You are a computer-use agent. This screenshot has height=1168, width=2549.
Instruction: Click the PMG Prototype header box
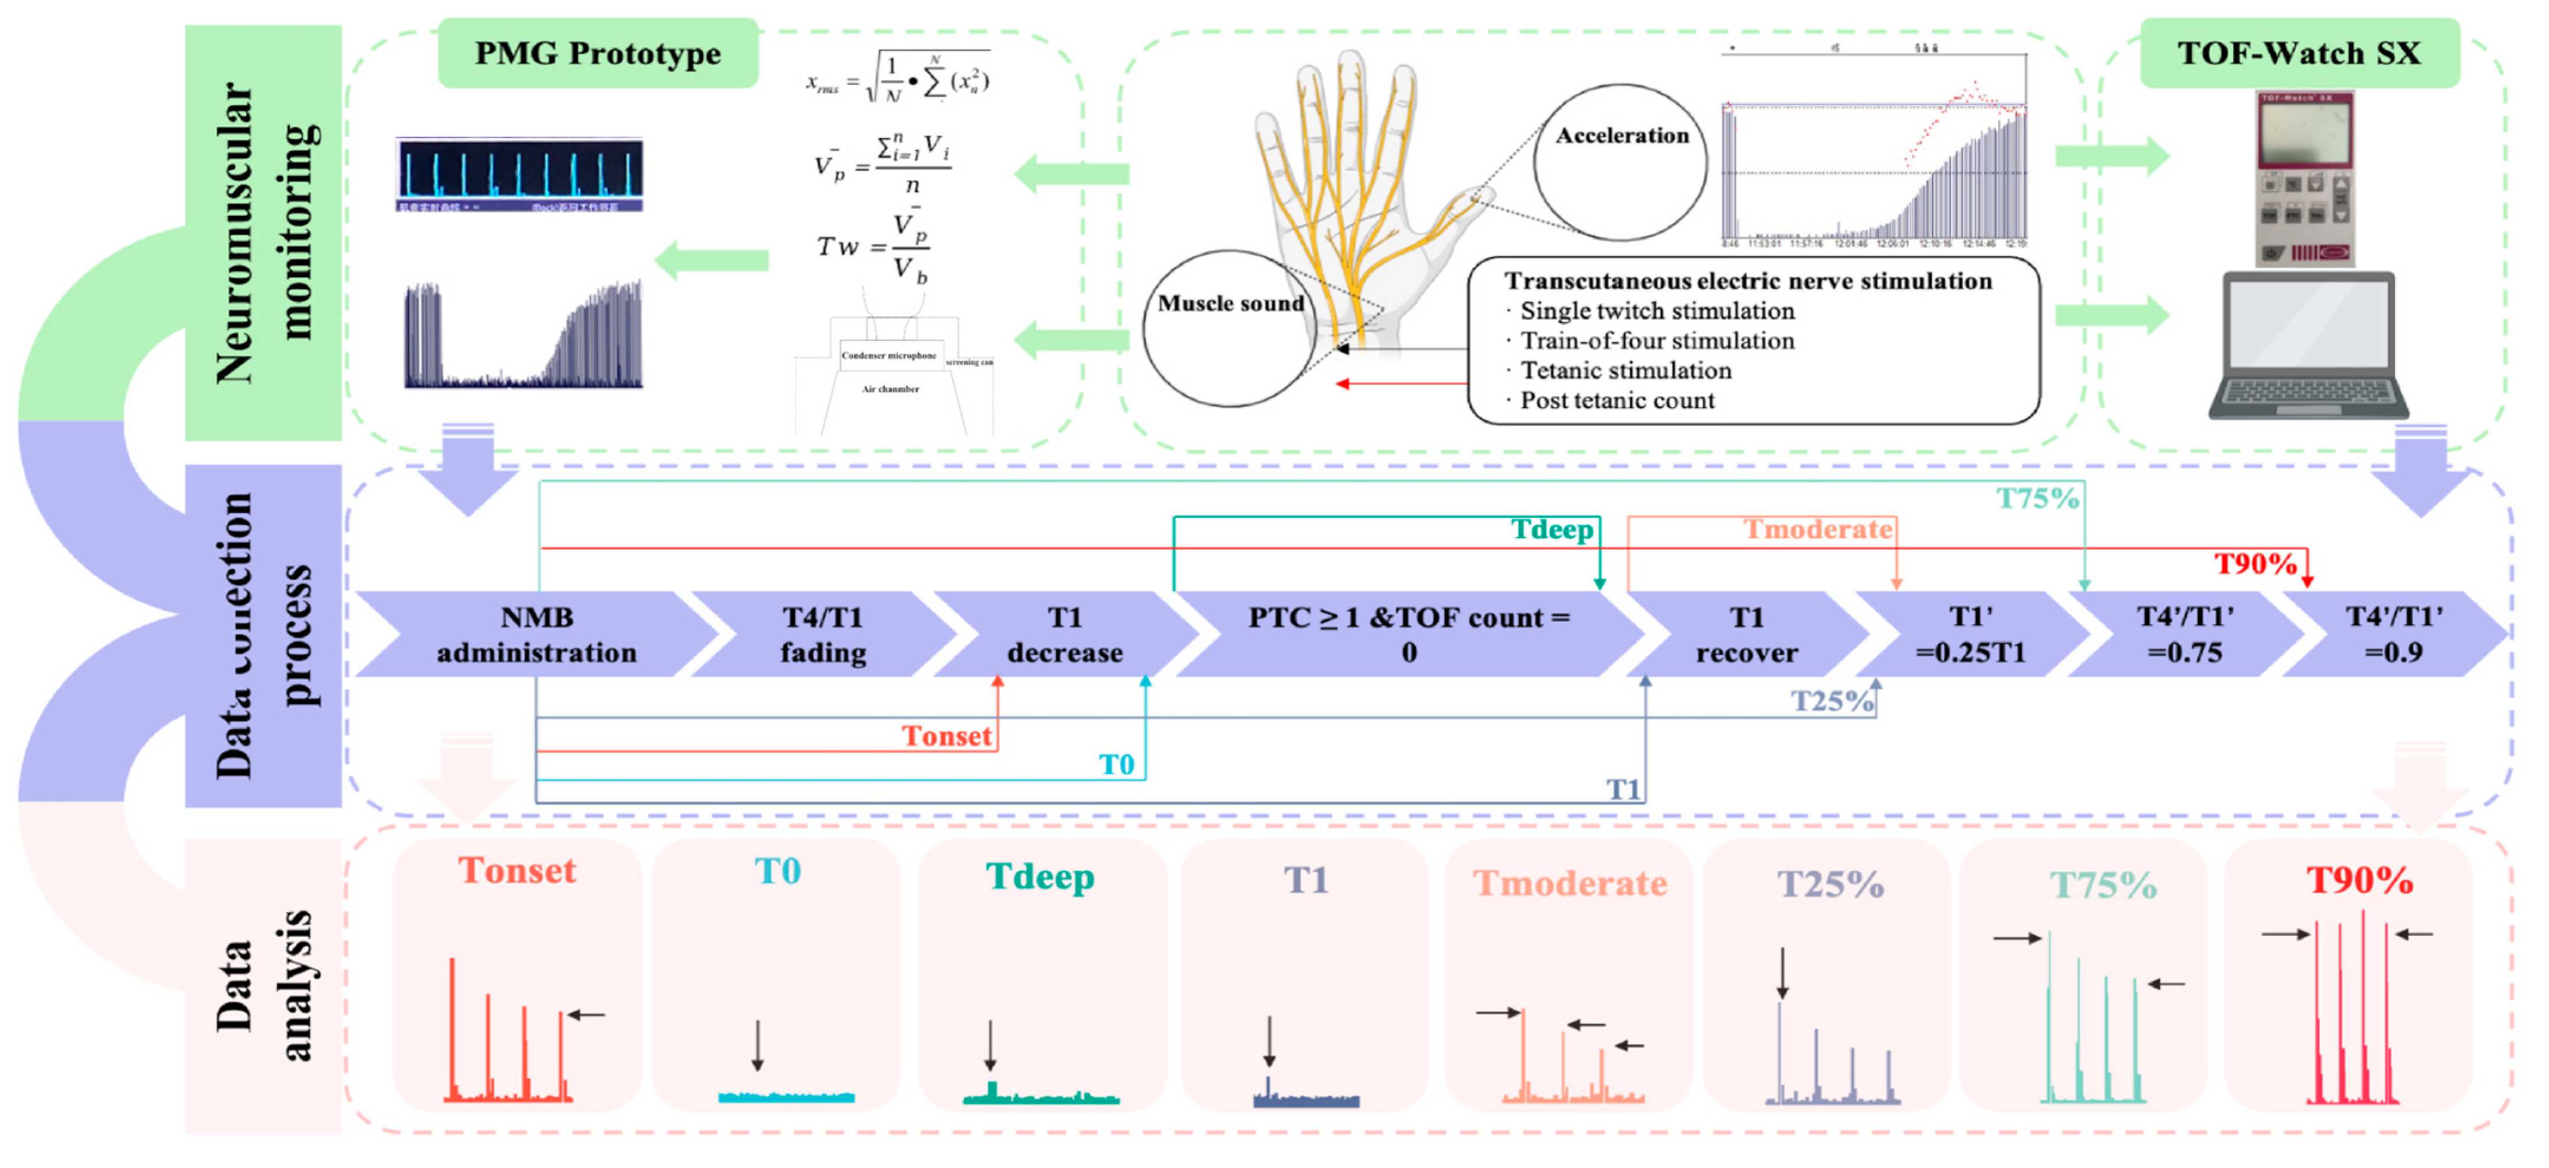point(598,54)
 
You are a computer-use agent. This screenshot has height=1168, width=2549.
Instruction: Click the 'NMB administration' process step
point(536,635)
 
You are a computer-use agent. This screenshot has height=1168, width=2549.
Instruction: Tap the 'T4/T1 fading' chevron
point(822,635)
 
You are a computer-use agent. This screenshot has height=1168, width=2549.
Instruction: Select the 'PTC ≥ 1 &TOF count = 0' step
point(1408,635)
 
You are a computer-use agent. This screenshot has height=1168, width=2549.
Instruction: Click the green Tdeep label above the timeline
point(1552,530)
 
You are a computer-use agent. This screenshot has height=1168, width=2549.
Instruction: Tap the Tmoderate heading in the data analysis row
point(1569,883)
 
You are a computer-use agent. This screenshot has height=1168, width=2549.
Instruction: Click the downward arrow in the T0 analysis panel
point(757,1045)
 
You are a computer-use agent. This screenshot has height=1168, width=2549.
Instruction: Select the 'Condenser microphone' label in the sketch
point(889,355)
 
